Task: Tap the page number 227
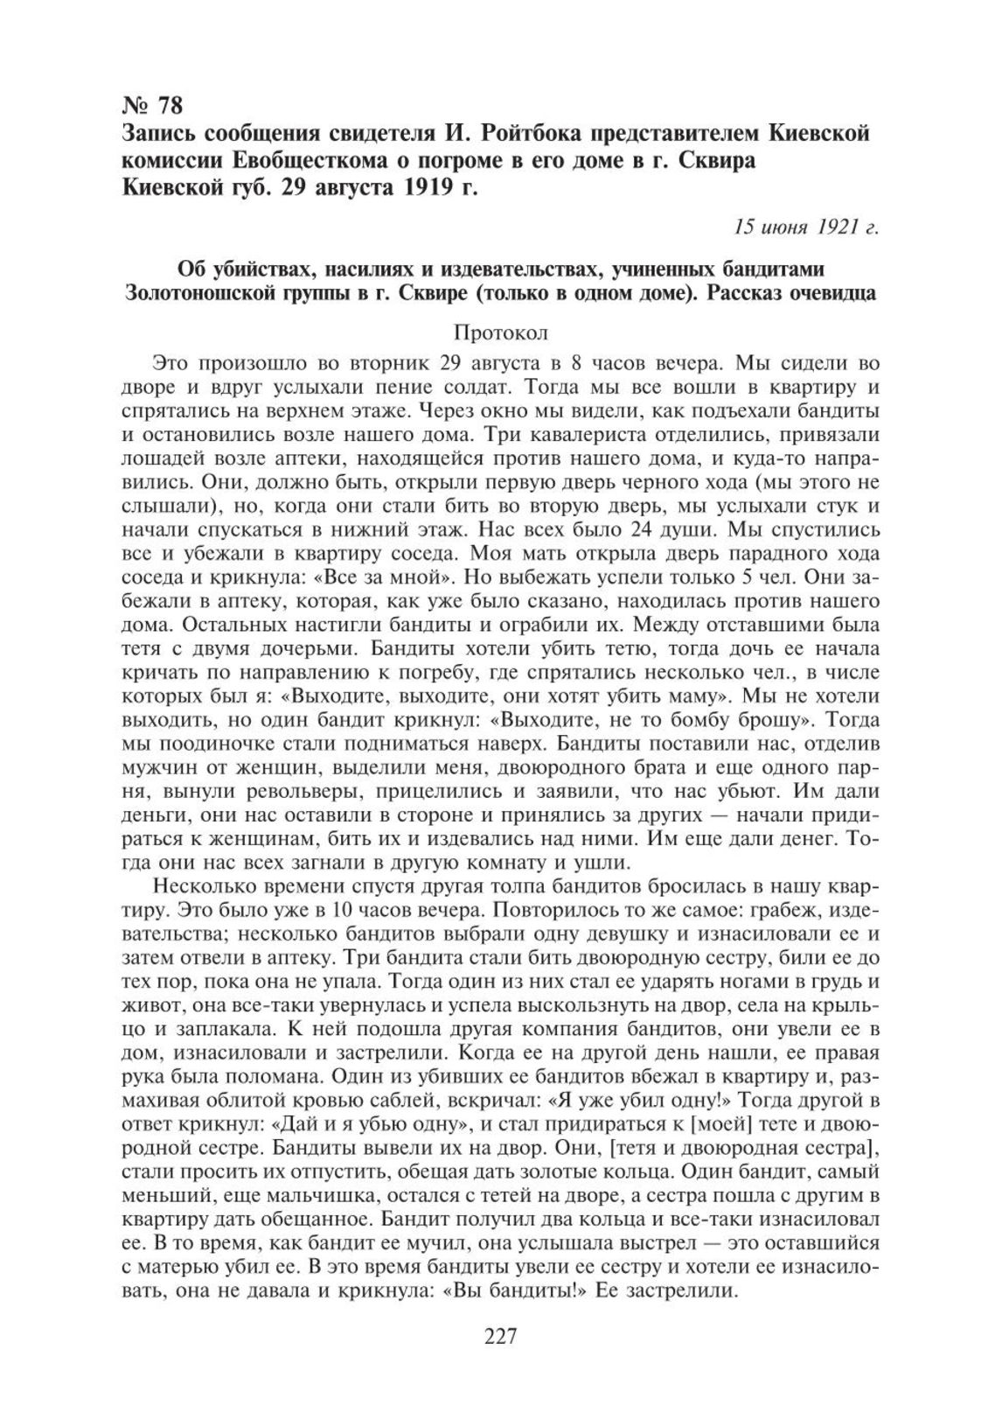[501, 1336]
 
